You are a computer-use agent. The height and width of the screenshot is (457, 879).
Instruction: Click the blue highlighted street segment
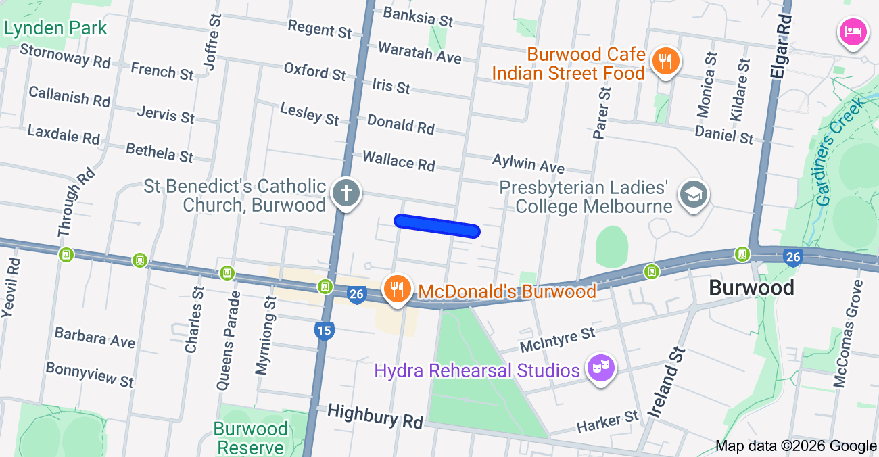click(x=437, y=226)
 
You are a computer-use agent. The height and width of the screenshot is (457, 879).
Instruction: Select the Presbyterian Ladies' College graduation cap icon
click(x=692, y=195)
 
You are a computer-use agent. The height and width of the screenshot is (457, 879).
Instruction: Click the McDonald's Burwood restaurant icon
click(x=397, y=289)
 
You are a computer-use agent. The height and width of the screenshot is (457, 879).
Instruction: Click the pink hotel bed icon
click(x=853, y=31)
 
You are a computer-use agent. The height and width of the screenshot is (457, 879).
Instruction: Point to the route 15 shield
click(x=325, y=331)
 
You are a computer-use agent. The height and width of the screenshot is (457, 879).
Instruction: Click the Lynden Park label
click(x=55, y=28)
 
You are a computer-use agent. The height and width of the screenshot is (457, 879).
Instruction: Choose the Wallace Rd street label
click(x=398, y=162)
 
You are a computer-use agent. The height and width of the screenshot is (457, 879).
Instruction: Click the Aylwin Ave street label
click(x=528, y=163)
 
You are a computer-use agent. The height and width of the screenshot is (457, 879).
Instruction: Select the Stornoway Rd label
click(x=65, y=55)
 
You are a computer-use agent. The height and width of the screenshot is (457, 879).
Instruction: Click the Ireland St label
click(x=666, y=383)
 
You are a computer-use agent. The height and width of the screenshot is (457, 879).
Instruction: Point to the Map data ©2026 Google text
click(x=796, y=446)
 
